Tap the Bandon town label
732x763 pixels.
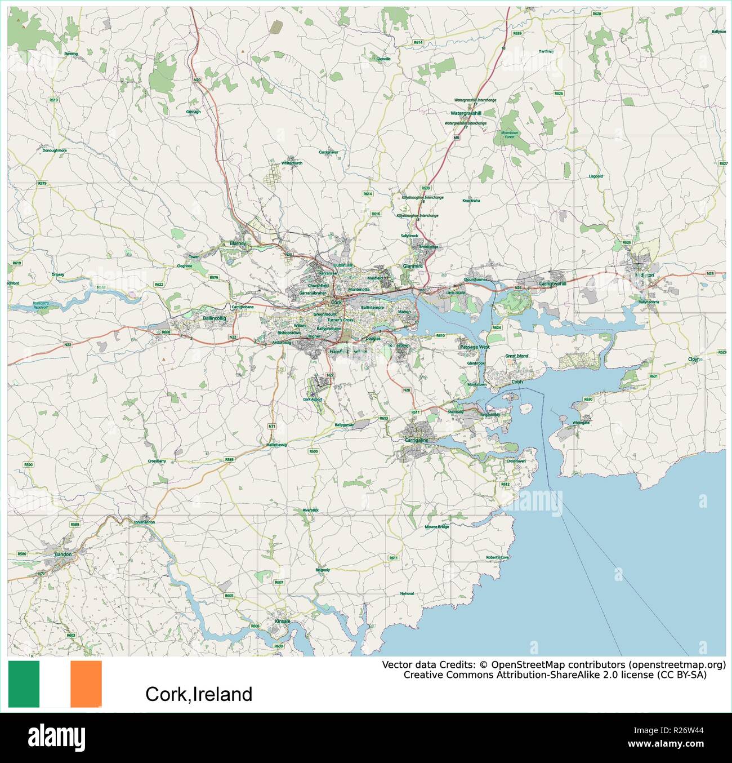tap(63, 554)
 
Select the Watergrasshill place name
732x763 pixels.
tap(466, 112)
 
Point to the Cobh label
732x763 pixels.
tap(516, 381)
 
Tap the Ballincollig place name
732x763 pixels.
tap(214, 318)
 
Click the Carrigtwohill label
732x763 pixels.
tap(552, 283)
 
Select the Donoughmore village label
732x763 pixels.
tap(55, 150)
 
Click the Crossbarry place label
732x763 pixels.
tap(157, 461)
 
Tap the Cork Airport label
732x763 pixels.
tap(313, 400)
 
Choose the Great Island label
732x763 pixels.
tap(516, 356)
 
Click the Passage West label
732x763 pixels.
tap(475, 347)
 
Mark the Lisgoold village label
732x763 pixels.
tap(595, 176)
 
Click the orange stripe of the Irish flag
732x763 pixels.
tap(86, 684)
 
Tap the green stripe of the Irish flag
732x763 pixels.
tap(24, 684)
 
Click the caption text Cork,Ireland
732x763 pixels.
tap(199, 694)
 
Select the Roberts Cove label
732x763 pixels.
tap(497, 558)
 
